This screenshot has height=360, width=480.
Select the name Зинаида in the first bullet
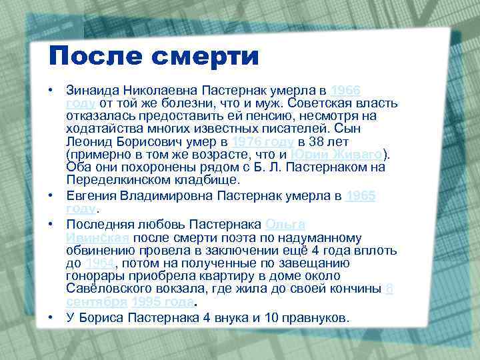91,91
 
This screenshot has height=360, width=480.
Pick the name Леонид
87,142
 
